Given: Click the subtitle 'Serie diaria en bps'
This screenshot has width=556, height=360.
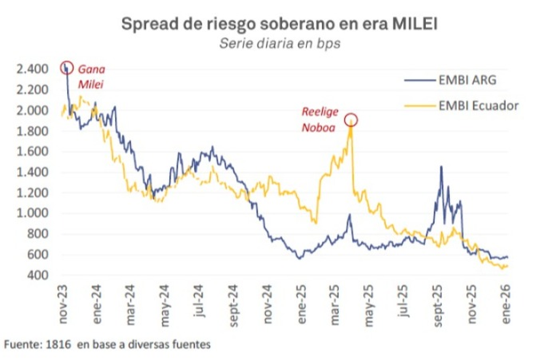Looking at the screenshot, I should pos(279,43).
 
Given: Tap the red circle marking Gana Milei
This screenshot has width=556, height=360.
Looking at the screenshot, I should pos(67,68).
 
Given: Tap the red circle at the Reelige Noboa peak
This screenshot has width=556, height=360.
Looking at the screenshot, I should pos(351,119).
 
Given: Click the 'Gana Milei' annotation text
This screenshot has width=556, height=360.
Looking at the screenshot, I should pos(91,75).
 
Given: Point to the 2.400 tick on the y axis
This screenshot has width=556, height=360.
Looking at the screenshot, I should pos(31,69).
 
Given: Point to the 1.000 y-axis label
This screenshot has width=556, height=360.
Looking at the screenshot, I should pos(31,213).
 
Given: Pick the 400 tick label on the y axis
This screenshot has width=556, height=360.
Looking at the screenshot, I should pos(37,275).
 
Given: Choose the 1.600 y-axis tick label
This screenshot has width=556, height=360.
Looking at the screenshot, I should pos(31,151).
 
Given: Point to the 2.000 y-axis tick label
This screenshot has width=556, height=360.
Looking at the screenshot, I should pos(31,110).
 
